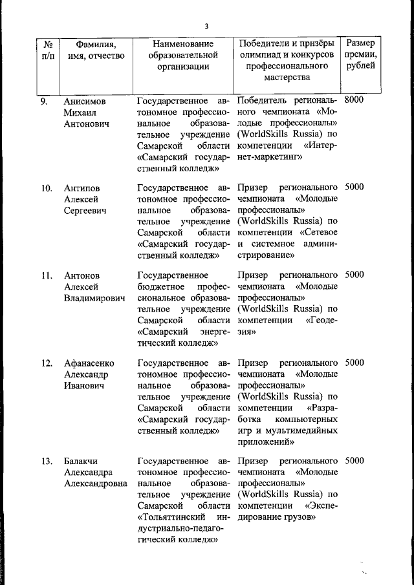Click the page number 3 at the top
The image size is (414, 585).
click(x=206, y=27)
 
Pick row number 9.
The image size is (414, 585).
click(x=43, y=101)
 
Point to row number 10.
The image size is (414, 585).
click(x=46, y=188)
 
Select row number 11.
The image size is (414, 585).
click(x=46, y=275)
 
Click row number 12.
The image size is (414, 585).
click(x=46, y=363)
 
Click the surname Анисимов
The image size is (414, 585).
click(x=85, y=101)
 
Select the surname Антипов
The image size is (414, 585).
click(x=82, y=188)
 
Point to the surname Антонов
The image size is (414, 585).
click(x=82, y=275)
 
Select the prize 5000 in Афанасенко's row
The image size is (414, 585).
click(x=354, y=363)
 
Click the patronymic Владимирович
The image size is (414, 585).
click(x=94, y=299)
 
